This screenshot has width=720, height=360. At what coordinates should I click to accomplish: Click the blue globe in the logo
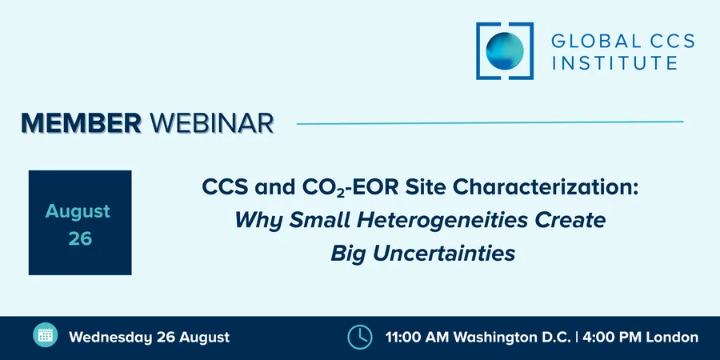(x=505, y=51)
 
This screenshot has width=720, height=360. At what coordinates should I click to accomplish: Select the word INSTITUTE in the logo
(x=614, y=62)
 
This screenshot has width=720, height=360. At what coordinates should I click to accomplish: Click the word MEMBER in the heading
(x=82, y=122)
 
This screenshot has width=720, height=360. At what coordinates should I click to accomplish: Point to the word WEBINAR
(x=211, y=123)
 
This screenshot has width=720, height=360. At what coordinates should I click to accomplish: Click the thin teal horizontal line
(x=490, y=122)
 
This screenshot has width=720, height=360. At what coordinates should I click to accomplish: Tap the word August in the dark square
(x=78, y=211)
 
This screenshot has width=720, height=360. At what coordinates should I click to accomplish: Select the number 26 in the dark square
(x=80, y=238)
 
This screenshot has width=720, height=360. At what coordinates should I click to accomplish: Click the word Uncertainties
(x=444, y=253)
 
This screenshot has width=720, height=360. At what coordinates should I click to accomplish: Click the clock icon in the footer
(x=359, y=338)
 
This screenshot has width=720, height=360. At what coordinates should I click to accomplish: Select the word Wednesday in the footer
(x=110, y=338)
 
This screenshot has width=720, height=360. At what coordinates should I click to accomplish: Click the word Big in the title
(x=349, y=254)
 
